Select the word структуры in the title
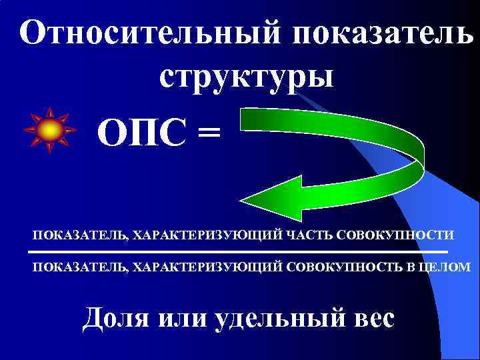tap(246, 75)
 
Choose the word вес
tap(371, 319)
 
